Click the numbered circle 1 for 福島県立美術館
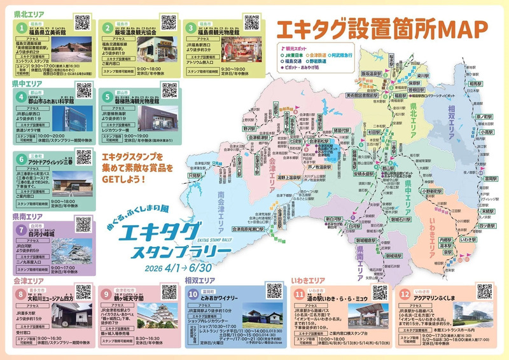[x=21, y=27]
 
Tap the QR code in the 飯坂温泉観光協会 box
[x=168, y=23]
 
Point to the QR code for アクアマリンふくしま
[x=484, y=292]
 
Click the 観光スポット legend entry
[x=297, y=48]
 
